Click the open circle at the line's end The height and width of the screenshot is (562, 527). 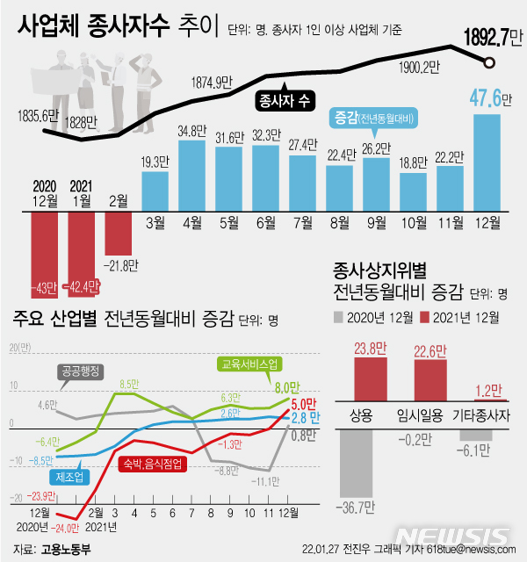pyautogui.click(x=489, y=62)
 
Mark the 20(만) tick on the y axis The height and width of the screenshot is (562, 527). pyautogui.click(x=14, y=348)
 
